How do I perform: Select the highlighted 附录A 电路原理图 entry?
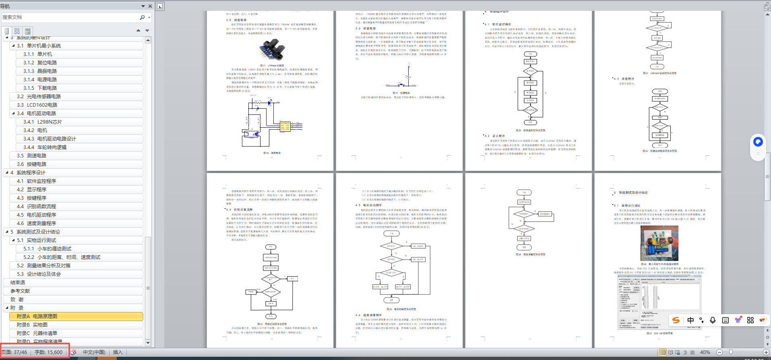click(37, 317)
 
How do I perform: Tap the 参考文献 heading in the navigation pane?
click(20, 291)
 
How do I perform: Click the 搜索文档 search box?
click(68, 17)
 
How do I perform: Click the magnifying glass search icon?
click(142, 17)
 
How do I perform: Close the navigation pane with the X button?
click(150, 6)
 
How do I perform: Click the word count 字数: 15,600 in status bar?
click(48, 352)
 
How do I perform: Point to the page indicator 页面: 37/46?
click(14, 352)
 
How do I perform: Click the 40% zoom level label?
click(705, 352)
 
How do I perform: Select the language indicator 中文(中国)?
click(94, 352)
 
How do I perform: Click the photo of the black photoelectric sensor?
click(272, 50)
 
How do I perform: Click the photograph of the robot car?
click(659, 243)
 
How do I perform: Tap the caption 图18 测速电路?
click(272, 153)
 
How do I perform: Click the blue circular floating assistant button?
click(758, 142)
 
